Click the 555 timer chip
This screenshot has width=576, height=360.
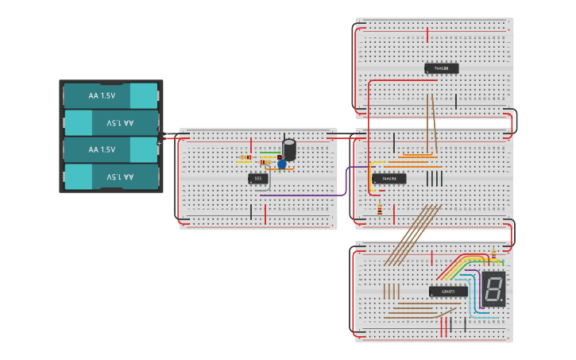[x=257, y=179]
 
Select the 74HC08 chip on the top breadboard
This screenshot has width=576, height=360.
[x=441, y=69]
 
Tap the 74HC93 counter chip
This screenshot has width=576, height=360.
[x=389, y=179]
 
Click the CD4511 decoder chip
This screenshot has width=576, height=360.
[x=448, y=292]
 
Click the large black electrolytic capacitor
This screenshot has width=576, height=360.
[x=289, y=149]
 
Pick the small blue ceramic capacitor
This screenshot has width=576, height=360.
[x=281, y=165]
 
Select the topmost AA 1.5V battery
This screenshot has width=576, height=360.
[x=110, y=96]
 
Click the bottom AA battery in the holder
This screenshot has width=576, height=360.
[x=110, y=176]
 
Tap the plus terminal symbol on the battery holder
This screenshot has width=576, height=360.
[x=159, y=144]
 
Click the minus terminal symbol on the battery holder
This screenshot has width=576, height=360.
[x=159, y=130]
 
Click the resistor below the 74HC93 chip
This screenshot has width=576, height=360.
[x=380, y=210]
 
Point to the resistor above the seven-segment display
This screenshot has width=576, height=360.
[x=493, y=254]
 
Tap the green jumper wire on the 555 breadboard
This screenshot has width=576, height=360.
[x=270, y=153]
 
